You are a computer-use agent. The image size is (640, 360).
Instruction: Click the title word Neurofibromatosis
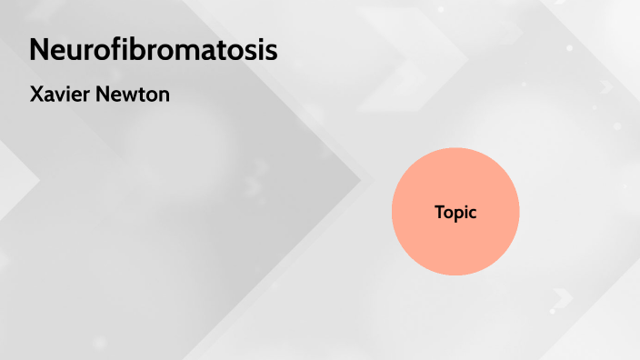[x=153, y=50]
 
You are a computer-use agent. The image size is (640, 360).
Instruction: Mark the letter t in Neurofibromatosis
[x=223, y=50]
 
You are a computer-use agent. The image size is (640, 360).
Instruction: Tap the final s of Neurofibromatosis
[x=271, y=52]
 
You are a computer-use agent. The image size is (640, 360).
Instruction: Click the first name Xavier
[x=61, y=94]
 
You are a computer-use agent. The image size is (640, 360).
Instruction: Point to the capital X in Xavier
[x=36, y=94]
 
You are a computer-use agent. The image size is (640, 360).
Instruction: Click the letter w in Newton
[x=131, y=95]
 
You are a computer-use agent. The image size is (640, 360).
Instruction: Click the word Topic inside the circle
[x=455, y=213]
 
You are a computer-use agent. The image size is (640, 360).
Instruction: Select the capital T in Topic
[x=439, y=212]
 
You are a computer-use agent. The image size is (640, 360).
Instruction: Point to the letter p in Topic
[x=459, y=215]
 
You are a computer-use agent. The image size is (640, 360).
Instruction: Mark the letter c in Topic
[x=473, y=214]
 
